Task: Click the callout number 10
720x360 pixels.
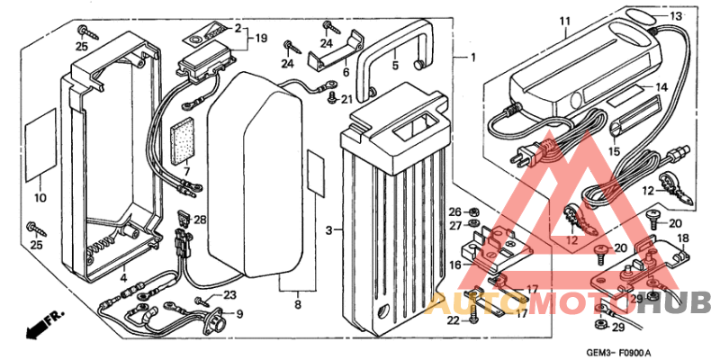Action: (40, 197)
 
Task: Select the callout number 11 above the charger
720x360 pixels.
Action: (564, 21)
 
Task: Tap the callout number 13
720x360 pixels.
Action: (676, 17)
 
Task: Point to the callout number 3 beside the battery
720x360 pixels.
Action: (329, 230)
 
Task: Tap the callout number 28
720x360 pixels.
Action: (200, 220)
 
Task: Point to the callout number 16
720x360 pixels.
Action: (454, 266)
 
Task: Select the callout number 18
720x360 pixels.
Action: (681, 238)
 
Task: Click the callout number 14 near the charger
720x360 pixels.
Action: (661, 87)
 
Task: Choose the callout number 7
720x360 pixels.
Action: (186, 171)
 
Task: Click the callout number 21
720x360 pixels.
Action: (347, 99)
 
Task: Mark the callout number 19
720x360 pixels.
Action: (262, 39)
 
